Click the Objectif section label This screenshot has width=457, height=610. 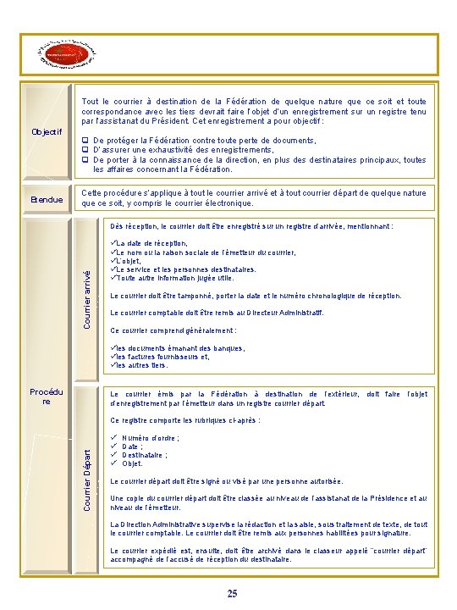point(47,132)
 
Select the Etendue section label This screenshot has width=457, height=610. point(47,199)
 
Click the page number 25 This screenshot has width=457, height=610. point(232,593)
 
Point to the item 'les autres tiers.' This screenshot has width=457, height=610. point(144,365)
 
